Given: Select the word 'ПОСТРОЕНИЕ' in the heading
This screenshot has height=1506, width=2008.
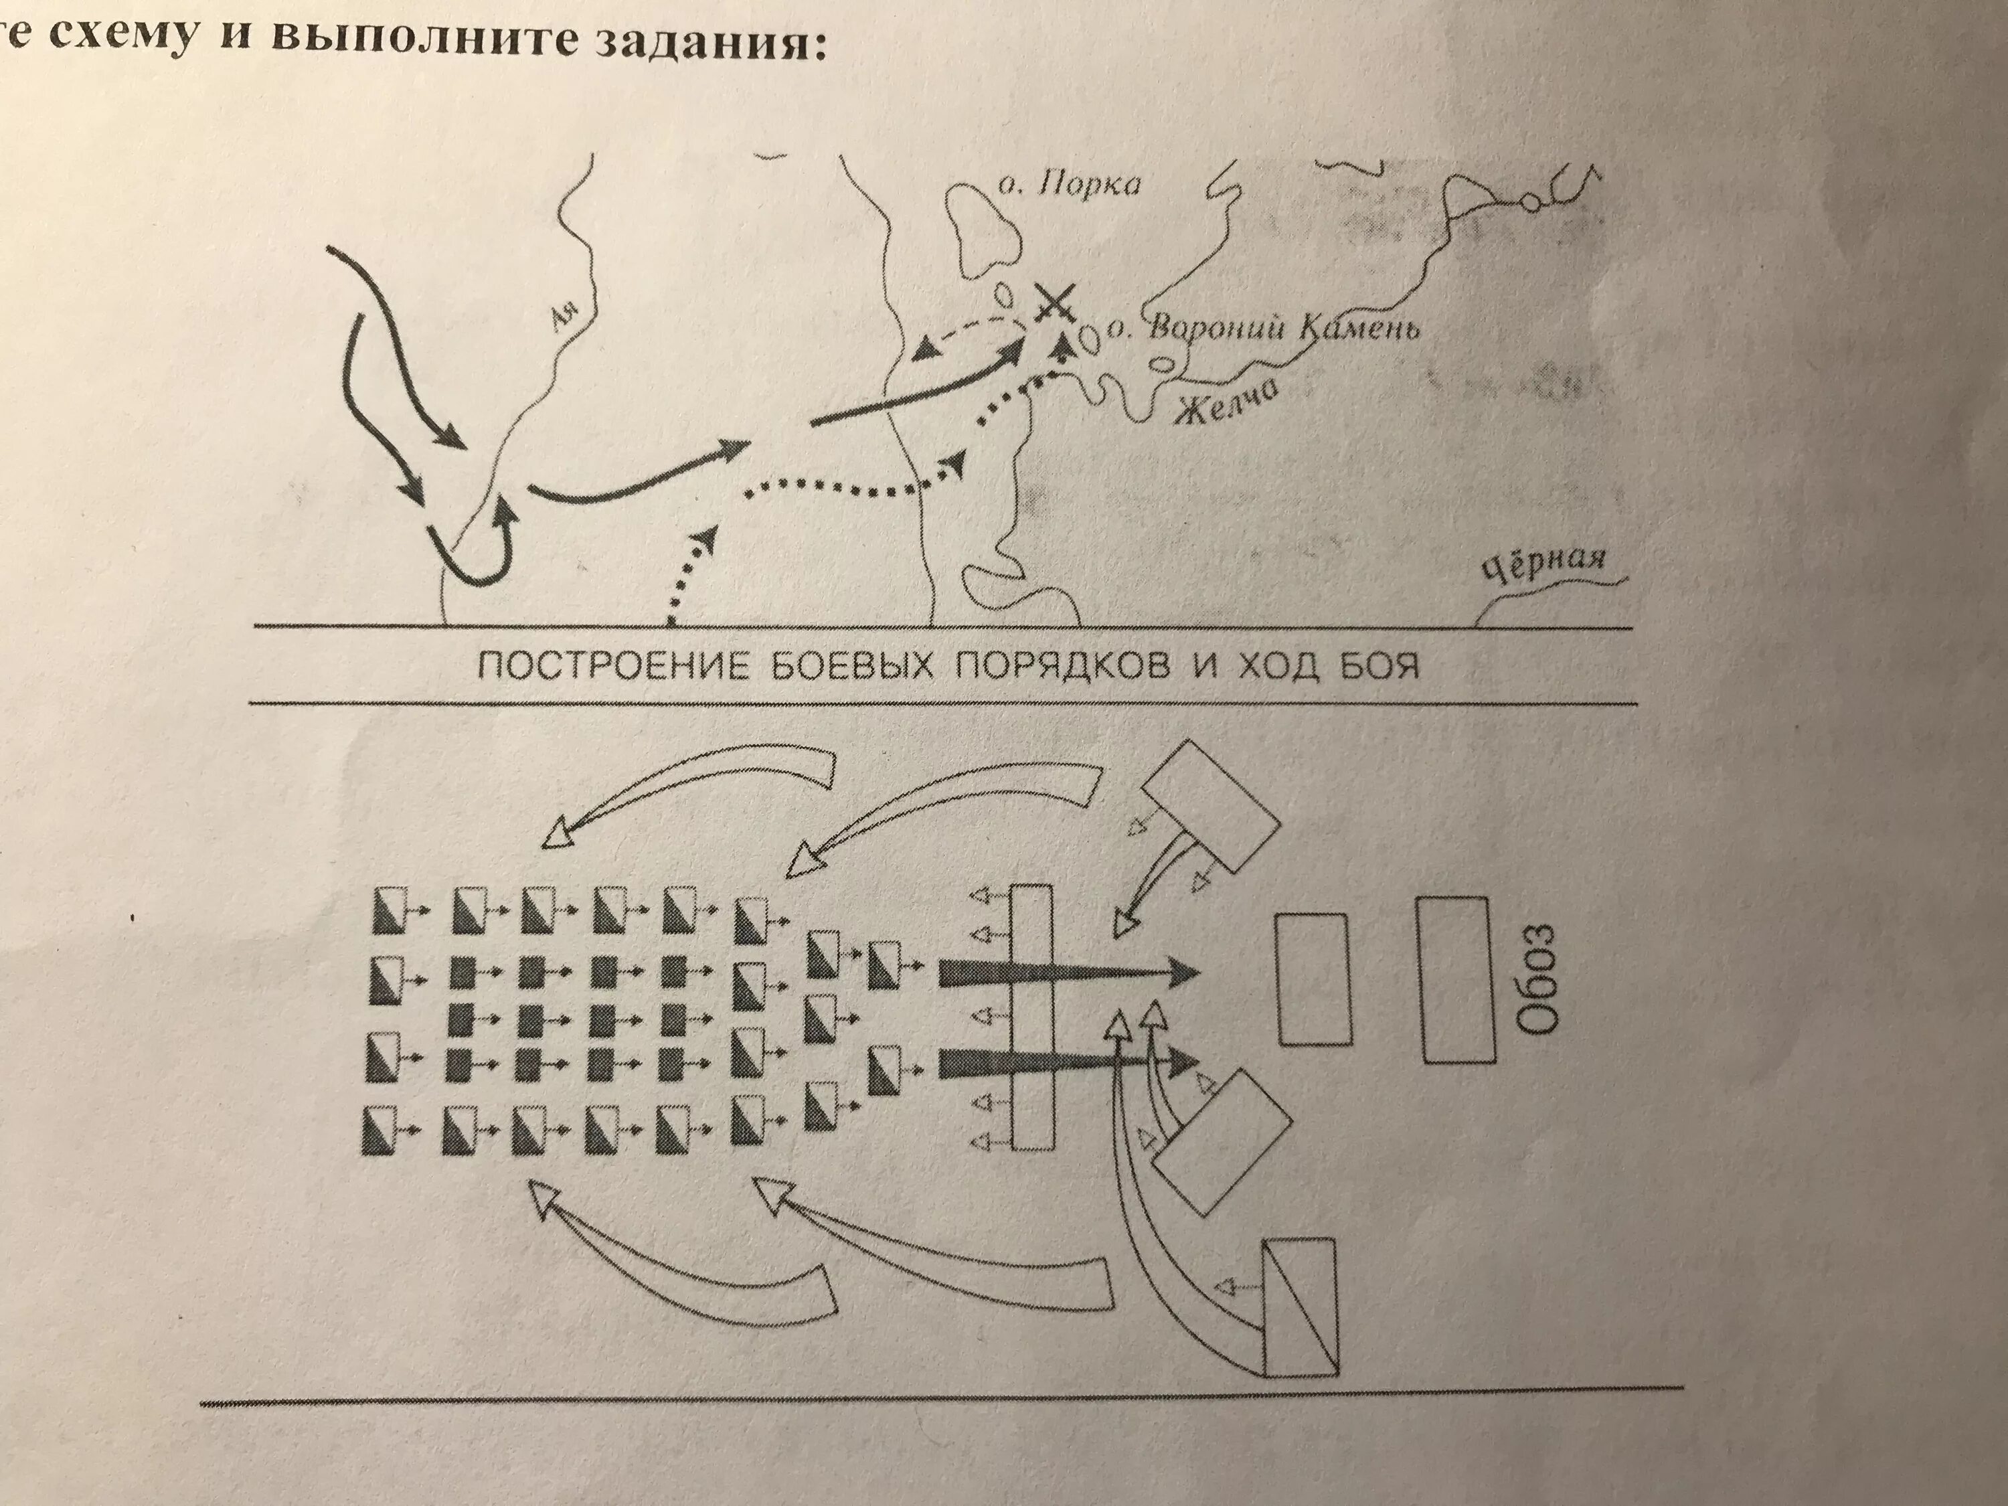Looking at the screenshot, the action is [x=610, y=668].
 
